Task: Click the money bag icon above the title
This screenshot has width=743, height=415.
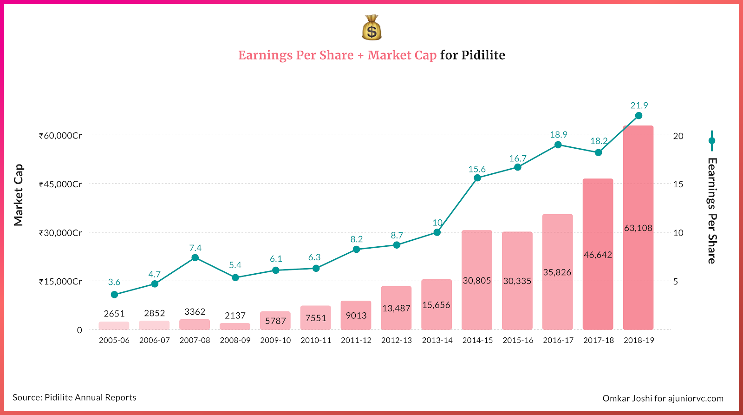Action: coord(371,28)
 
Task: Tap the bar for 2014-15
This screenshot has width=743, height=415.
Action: coord(477,302)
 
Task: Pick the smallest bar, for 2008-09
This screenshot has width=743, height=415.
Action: coord(235,326)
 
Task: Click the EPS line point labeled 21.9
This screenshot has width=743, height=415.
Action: coord(639,116)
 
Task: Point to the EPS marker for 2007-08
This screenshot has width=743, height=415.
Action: coord(195,258)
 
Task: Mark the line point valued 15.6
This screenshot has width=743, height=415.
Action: coord(477,178)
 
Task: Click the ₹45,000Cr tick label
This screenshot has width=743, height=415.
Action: coord(60,184)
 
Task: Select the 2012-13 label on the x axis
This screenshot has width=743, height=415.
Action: coord(397,340)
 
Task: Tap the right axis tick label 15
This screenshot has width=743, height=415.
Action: coord(678,184)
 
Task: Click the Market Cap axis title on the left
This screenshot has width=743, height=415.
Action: coord(18,195)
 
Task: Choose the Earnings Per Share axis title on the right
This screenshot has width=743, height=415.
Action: coord(712,211)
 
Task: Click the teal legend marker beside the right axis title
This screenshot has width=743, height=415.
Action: coord(711,141)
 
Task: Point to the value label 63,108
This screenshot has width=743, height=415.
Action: coord(638,228)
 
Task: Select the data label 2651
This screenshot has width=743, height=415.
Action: coord(114,314)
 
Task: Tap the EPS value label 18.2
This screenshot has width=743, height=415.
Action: coord(599,141)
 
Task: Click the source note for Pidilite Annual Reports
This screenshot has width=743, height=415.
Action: coord(74,397)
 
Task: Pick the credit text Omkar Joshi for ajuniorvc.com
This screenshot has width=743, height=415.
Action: coord(663,398)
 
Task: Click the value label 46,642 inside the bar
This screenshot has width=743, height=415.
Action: coord(598,255)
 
